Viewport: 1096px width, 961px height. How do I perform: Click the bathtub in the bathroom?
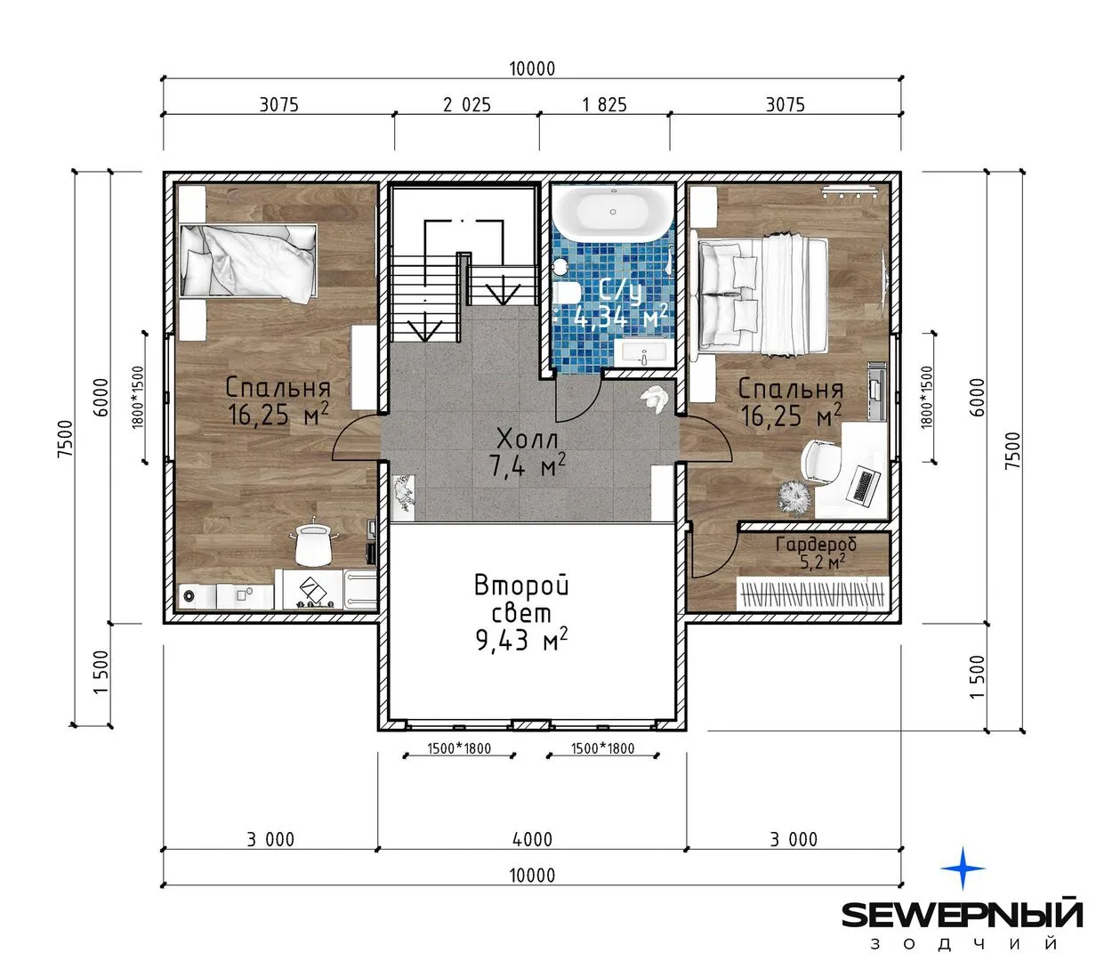(612, 212)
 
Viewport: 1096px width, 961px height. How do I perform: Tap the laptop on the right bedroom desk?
(864, 484)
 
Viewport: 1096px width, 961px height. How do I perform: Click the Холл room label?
(527, 438)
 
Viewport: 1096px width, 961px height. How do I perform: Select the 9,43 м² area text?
(521, 640)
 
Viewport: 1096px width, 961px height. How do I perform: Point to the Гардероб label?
(816, 544)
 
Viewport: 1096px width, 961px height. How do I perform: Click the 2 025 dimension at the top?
(467, 104)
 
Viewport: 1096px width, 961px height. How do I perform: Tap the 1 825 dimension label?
(604, 104)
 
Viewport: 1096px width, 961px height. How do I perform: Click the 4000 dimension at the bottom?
(532, 839)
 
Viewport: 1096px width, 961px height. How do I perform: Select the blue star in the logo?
(963, 868)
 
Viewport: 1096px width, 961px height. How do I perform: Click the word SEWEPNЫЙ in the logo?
(963, 915)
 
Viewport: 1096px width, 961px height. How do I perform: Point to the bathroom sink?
(644, 351)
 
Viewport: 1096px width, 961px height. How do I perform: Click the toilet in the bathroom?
(566, 294)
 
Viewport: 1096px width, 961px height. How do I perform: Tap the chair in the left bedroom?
(314, 543)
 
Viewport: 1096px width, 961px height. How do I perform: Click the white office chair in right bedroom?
(820, 461)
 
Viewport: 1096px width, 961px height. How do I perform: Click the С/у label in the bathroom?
(620, 291)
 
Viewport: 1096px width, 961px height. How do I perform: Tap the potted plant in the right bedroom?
(795, 496)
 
